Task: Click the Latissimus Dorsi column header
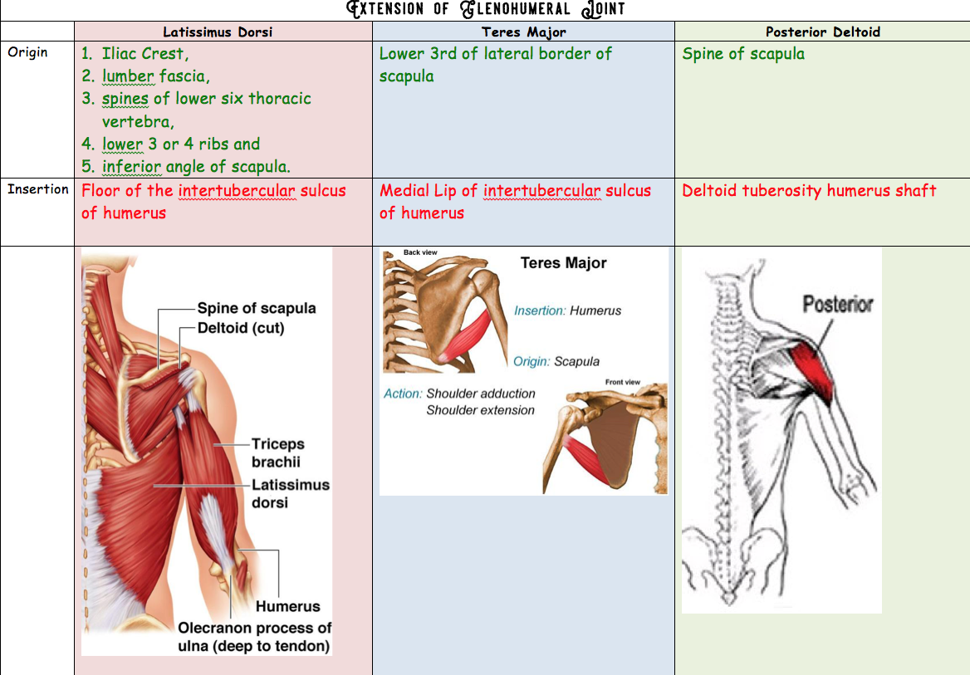pyautogui.click(x=218, y=32)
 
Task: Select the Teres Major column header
pyautogui.click(x=524, y=32)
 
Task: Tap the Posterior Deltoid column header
pyautogui.click(x=822, y=32)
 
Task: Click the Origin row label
pyautogui.click(x=27, y=52)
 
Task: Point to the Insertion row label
pyautogui.click(x=38, y=189)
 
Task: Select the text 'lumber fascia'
pyautogui.click(x=155, y=76)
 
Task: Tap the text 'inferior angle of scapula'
pyautogui.click(x=196, y=166)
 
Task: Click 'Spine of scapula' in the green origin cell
pyautogui.click(x=743, y=54)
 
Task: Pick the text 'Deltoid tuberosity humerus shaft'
pyautogui.click(x=809, y=191)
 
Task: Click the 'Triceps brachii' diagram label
pyautogui.click(x=277, y=453)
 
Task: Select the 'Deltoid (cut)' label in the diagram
pyautogui.click(x=241, y=328)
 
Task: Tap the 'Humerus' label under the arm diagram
pyautogui.click(x=287, y=607)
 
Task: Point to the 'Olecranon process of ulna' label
pyautogui.click(x=254, y=637)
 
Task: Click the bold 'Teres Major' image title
pyautogui.click(x=563, y=263)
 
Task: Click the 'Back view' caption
pyautogui.click(x=420, y=252)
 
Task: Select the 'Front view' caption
pyautogui.click(x=622, y=382)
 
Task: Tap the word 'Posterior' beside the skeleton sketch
pyautogui.click(x=837, y=304)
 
